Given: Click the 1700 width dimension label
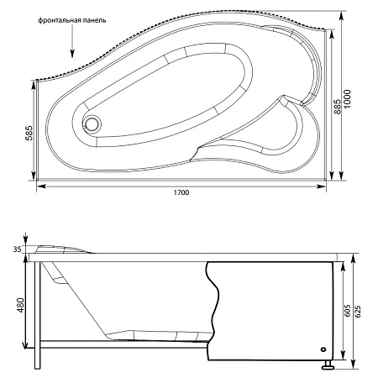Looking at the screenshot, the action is tap(181, 192).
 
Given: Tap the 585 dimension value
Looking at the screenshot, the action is tap(29, 133).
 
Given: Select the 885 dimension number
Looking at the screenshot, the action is tap(338, 107).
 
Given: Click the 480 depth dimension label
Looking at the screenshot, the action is tap(20, 305).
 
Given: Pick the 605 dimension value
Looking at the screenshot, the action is tap(347, 310).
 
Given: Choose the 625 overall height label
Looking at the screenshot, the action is tap(358, 310).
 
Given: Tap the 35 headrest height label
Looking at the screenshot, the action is tap(17, 249).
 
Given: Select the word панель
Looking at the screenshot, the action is tap(94, 20).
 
